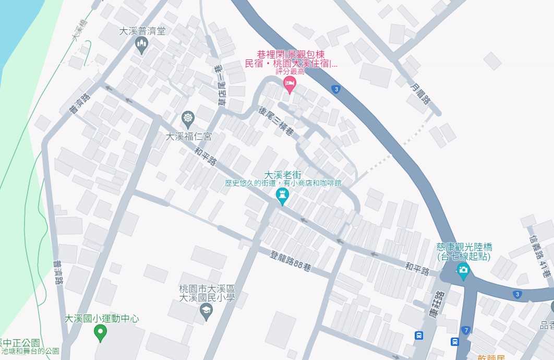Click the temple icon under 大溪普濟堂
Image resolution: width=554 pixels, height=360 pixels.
click(x=141, y=45)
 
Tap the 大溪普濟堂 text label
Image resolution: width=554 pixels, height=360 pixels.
click(x=142, y=31)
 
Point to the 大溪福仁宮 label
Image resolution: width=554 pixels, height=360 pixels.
click(x=188, y=137)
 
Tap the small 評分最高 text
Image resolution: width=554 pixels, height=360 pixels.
click(x=290, y=71)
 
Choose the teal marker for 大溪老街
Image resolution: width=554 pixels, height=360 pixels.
click(x=282, y=196)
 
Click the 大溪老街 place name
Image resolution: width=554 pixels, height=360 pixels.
click(x=283, y=175)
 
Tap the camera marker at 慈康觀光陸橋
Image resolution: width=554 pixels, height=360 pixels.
click(x=463, y=270)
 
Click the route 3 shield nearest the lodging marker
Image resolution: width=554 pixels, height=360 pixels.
click(x=336, y=89)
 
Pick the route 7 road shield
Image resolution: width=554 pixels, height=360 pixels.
click(x=465, y=330)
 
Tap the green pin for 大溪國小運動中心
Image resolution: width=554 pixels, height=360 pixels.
click(x=102, y=332)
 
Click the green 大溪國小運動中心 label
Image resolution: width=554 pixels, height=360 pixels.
click(x=102, y=318)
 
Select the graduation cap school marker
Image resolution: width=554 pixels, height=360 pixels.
click(x=207, y=311)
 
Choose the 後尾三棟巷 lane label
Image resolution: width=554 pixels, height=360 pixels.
click(x=276, y=122)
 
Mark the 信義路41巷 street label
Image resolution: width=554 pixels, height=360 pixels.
click(x=537, y=256)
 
